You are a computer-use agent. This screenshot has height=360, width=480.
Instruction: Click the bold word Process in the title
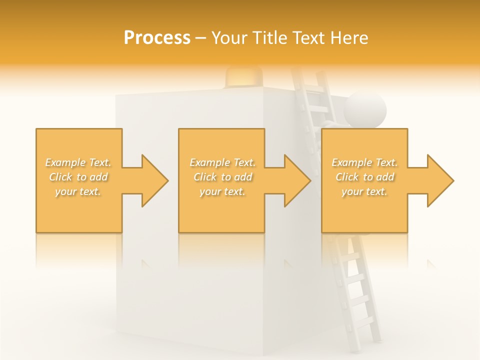tap(157, 37)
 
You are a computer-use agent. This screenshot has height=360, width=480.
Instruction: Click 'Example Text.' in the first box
tap(78, 162)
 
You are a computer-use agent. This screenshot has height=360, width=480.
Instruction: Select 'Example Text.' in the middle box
tap(222, 162)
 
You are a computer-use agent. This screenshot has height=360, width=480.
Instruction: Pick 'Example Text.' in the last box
tap(364, 162)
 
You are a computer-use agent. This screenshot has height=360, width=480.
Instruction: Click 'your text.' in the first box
tap(78, 191)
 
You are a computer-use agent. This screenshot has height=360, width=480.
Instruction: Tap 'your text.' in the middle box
tap(222, 191)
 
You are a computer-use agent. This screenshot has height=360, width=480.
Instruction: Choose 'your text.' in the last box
tap(364, 191)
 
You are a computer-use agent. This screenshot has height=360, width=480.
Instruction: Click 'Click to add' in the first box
tap(78, 177)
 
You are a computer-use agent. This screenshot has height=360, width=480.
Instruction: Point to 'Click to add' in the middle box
tap(222, 177)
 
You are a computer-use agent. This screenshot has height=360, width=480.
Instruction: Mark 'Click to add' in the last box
tap(364, 177)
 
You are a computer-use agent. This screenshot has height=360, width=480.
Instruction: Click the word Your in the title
tap(229, 37)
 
